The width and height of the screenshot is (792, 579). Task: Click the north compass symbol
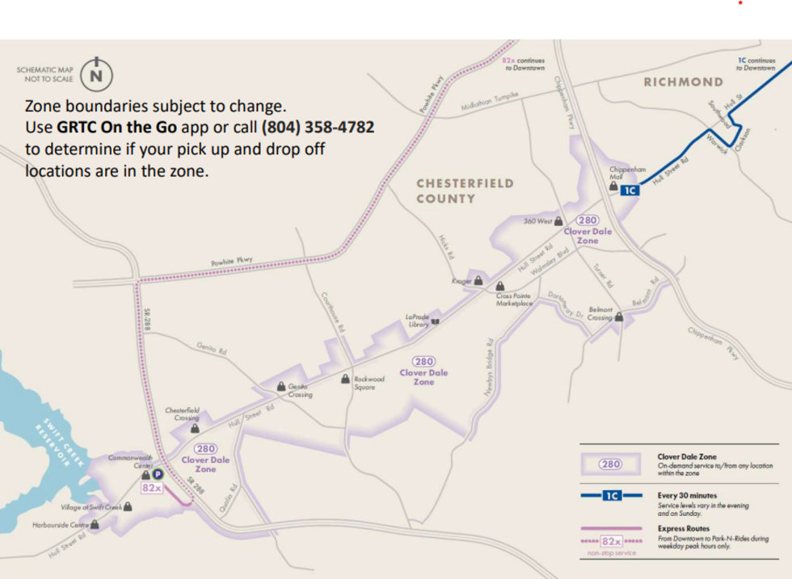96,75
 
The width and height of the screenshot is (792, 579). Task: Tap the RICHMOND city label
683,82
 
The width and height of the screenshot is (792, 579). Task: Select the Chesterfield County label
464,191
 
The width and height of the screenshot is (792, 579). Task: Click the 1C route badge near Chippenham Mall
630,191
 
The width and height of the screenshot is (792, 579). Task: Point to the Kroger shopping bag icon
479,281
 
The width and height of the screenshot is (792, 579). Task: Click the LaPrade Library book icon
436,321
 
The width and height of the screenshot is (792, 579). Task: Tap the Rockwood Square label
369,383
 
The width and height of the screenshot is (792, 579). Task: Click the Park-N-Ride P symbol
158,475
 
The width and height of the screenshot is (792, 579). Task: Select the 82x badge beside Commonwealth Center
152,489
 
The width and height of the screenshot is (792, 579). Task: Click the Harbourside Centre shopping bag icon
95,525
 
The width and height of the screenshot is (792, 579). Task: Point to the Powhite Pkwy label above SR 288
232,262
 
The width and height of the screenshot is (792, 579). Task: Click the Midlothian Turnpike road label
488,101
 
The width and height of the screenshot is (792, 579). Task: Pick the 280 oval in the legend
609,464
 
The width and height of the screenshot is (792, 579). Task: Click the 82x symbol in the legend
610,541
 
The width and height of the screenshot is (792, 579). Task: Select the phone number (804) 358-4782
317,128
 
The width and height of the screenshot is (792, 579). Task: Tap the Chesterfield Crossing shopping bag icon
195,429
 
